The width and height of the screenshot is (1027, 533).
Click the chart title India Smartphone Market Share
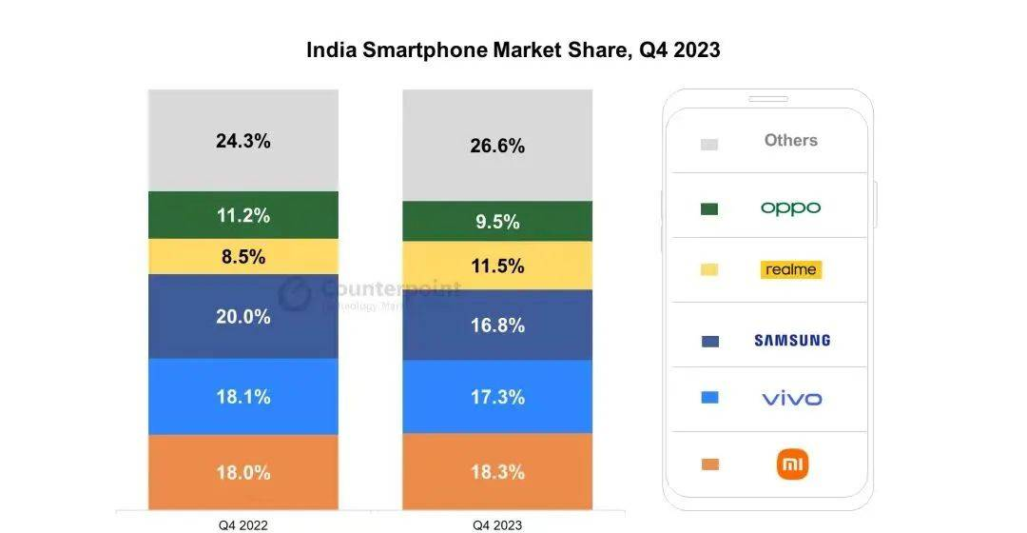[513, 49]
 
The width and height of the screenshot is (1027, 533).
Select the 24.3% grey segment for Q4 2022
[243, 141]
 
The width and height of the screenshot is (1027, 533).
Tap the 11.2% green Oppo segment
[243, 215]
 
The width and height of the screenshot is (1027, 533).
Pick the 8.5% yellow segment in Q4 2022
[243, 257]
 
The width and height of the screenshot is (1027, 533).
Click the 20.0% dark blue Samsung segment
[243, 317]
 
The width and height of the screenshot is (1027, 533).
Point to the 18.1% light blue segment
[243, 396]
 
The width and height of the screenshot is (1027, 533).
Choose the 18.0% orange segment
[243, 472]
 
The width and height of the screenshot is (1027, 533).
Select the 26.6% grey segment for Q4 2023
[497, 146]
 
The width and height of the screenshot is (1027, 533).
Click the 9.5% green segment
[497, 222]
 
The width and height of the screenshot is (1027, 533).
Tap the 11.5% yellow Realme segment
[497, 266]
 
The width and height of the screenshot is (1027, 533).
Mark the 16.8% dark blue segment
[497, 326]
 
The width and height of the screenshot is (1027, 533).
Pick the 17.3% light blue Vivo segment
[497, 397]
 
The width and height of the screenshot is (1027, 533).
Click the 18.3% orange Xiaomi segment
[497, 472]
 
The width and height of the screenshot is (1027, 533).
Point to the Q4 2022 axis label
[243, 524]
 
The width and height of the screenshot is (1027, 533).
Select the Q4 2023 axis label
[497, 524]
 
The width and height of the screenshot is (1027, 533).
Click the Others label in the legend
[790, 140]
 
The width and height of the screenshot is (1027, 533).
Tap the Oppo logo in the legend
[790, 207]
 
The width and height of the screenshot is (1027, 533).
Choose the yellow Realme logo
[790, 269]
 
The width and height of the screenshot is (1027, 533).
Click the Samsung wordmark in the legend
[791, 340]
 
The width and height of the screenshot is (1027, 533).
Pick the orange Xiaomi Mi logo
[792, 464]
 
